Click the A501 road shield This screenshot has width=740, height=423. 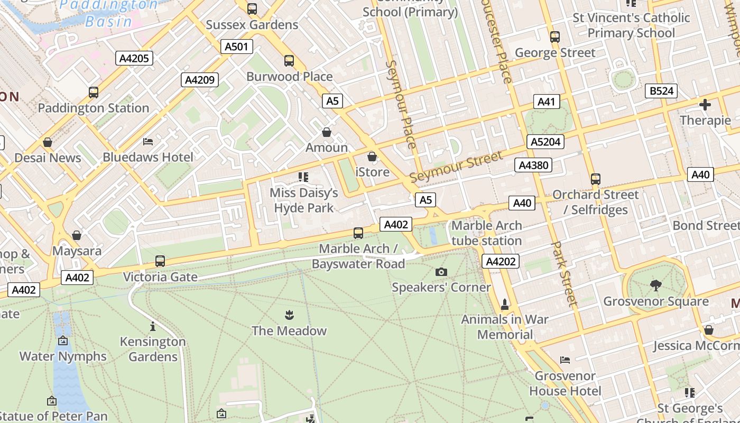tap(236, 47)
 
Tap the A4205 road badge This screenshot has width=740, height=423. tap(134, 58)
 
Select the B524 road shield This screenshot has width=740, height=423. tap(661, 91)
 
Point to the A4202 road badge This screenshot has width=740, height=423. tap(501, 261)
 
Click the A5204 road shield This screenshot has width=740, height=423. tap(546, 142)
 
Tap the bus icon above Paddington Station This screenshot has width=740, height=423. tap(94, 93)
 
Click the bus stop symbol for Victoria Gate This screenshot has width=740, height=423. tap(160, 261)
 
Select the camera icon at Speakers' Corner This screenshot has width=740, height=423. tap(441, 272)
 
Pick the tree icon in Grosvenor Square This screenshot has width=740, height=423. tap(656, 286)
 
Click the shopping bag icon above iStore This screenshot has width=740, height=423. tap(372, 157)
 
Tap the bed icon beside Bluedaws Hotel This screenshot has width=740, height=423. tap(148, 142)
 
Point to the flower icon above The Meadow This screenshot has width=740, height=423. tap(289, 316)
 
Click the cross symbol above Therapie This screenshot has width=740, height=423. tap(705, 105)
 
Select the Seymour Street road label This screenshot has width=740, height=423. tap(456, 166)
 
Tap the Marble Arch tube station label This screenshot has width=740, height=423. tap(486, 233)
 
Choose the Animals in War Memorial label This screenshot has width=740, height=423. tap(505, 327)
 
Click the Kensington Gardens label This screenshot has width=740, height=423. tap(153, 349)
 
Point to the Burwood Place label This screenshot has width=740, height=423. tap(290, 77)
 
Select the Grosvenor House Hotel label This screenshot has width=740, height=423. tap(565, 383)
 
